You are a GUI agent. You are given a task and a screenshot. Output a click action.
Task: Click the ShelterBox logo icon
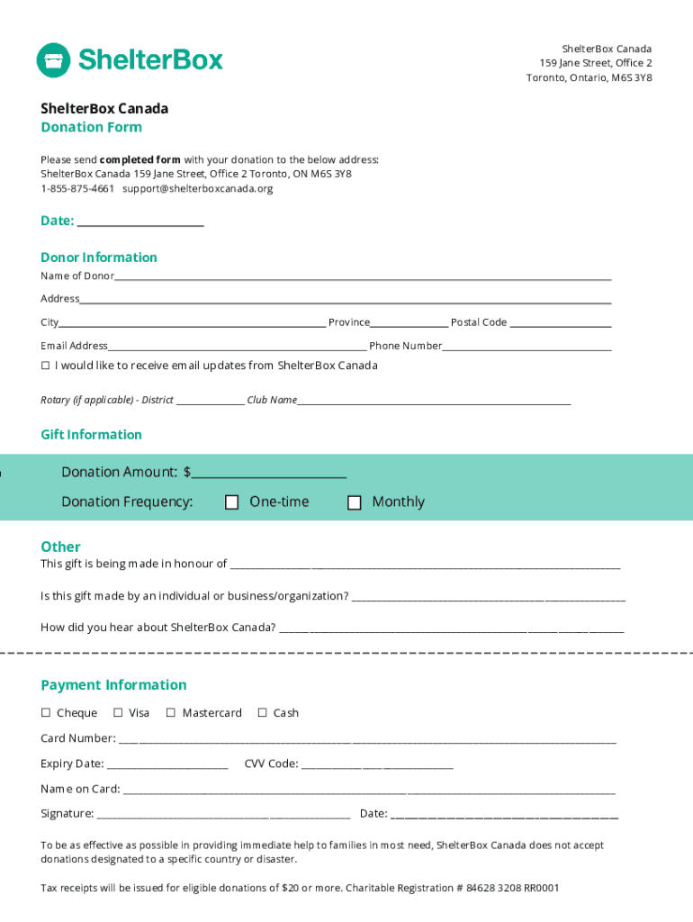pos(53,60)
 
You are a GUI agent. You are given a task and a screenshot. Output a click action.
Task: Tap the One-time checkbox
pos(231,502)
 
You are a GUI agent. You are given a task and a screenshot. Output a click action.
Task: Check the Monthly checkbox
pos(355,502)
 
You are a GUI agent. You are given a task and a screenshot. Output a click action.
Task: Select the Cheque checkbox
pos(46,713)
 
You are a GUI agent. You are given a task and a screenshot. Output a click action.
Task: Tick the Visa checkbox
pos(118,713)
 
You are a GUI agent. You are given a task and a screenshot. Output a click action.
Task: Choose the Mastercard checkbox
pos(171,713)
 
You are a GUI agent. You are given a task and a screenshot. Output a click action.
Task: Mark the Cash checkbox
pos(263,713)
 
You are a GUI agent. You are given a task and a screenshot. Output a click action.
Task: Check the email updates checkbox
pos(46,366)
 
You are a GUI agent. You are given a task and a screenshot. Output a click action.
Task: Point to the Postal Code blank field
pos(561,323)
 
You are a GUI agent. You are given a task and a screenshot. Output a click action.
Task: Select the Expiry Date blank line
pos(166,765)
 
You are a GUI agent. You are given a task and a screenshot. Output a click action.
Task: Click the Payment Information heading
pos(113,685)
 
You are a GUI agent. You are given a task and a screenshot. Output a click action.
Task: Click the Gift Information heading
pos(91,435)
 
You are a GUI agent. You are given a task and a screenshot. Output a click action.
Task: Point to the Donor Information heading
pos(99,258)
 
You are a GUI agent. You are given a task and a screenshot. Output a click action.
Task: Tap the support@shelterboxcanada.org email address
pos(197,189)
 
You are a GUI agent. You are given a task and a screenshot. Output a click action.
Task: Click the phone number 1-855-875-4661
pos(77,189)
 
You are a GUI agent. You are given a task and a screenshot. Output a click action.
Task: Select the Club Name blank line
pos(434,402)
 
